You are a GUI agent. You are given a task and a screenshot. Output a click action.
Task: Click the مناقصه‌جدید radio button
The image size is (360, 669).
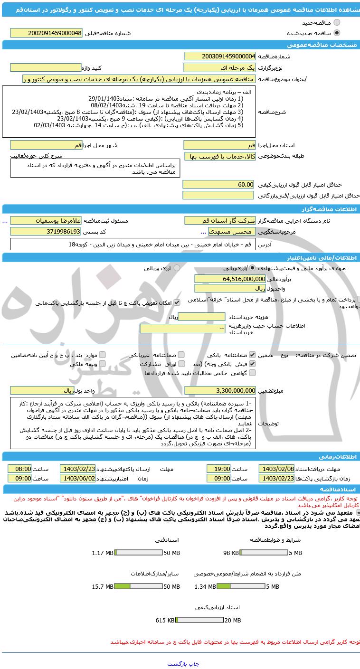(x=337, y=22)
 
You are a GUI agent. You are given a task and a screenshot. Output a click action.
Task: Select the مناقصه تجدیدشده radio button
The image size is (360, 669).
(x=337, y=33)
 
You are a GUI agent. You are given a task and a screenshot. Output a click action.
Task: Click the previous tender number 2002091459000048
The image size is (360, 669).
(x=46, y=33)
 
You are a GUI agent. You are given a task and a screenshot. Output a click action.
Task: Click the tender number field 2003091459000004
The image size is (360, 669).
(x=220, y=57)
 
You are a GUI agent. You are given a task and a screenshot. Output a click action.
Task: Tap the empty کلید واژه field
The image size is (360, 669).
(x=46, y=68)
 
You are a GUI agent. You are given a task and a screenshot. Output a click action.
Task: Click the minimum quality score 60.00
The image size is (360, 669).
(x=220, y=184)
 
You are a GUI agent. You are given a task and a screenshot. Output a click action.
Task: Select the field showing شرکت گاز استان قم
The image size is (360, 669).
(x=220, y=221)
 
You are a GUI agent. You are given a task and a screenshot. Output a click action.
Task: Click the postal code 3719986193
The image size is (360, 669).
(x=46, y=232)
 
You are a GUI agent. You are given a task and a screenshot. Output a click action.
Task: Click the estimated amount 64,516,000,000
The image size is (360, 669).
(x=230, y=279)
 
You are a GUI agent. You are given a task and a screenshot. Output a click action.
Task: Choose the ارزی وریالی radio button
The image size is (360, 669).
(x=177, y=268)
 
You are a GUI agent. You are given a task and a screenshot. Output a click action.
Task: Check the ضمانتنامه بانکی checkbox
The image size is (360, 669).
(x=252, y=355)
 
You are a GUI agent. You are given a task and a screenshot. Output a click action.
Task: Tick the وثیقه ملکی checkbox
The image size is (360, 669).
(x=103, y=364)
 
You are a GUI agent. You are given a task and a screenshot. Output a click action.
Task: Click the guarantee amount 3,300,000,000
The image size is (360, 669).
(x=220, y=390)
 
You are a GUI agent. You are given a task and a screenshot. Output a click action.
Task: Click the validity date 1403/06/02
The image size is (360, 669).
(x=77, y=479)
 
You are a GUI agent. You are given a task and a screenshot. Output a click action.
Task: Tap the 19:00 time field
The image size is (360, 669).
(x=219, y=469)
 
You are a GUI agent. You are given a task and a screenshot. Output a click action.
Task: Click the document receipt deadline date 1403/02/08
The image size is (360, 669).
(x=276, y=469)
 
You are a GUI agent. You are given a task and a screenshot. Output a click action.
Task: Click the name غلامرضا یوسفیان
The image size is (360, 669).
(x=46, y=221)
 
